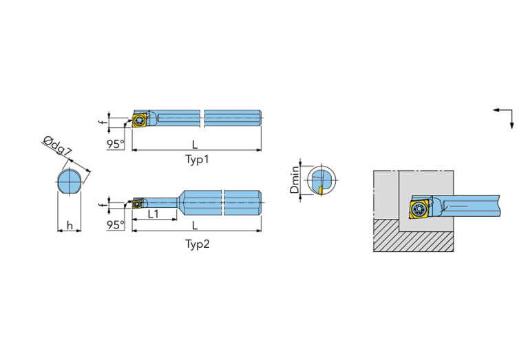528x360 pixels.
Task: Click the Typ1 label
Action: coord(197,160)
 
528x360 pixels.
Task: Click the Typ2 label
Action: coord(197,244)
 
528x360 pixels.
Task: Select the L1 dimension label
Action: coord(153,214)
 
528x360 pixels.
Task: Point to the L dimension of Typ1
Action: coord(196,145)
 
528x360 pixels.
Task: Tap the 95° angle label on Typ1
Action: coord(116,145)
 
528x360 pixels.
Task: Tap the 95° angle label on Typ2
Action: coord(116,226)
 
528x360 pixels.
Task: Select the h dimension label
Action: coord(68,225)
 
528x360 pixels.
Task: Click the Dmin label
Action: coord(295,180)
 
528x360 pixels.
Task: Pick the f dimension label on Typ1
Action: coord(101,122)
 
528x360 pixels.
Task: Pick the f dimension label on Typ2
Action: coord(101,204)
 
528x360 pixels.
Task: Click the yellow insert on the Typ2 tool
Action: coord(137,203)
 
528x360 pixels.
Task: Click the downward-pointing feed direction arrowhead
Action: coord(512,124)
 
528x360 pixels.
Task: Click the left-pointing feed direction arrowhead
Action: coord(496,110)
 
